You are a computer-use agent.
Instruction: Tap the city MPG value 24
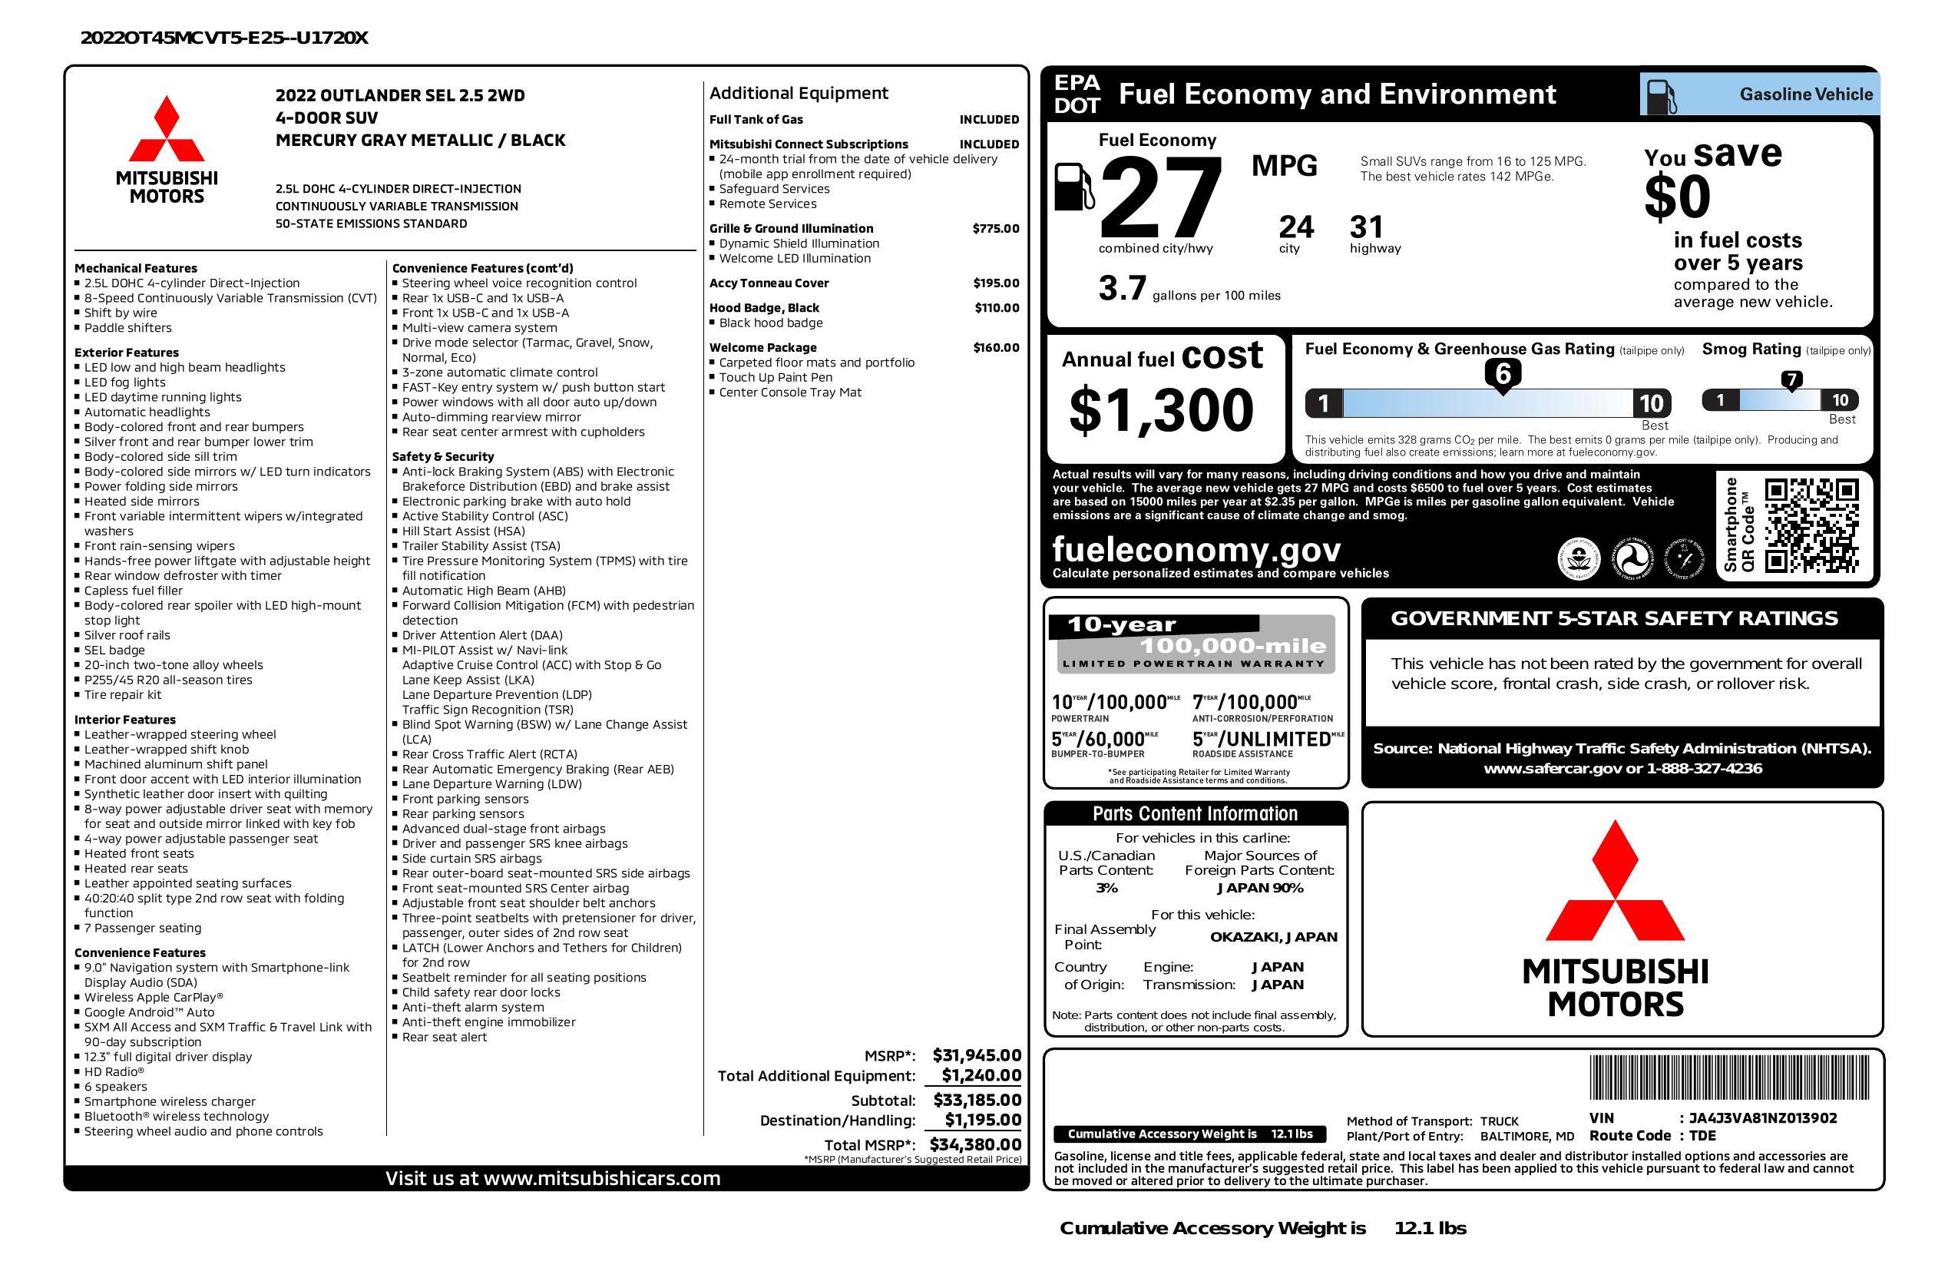pos(1296,227)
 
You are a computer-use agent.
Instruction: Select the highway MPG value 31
pos(1367,227)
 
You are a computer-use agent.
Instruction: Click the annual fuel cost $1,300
pos(1161,410)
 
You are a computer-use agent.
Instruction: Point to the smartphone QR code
pos(1811,525)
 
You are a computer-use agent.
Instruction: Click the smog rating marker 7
pos(1791,380)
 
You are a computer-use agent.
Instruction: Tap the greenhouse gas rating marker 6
pos(1502,374)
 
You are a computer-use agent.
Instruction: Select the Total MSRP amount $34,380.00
pos(975,1144)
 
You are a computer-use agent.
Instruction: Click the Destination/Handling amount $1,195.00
pos(982,1120)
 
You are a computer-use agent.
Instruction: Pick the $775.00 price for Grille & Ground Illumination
pos(995,229)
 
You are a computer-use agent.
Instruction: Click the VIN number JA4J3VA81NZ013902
pos(1762,1117)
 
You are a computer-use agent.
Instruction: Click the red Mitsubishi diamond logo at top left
pos(166,128)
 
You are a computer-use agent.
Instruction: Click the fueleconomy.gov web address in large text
pos(1196,549)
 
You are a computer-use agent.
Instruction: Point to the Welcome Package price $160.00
pos(995,347)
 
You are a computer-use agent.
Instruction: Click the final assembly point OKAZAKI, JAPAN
pos(1273,936)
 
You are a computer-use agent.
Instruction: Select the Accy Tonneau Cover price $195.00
pos(995,283)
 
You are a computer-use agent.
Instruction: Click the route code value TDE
pos(1702,1136)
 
